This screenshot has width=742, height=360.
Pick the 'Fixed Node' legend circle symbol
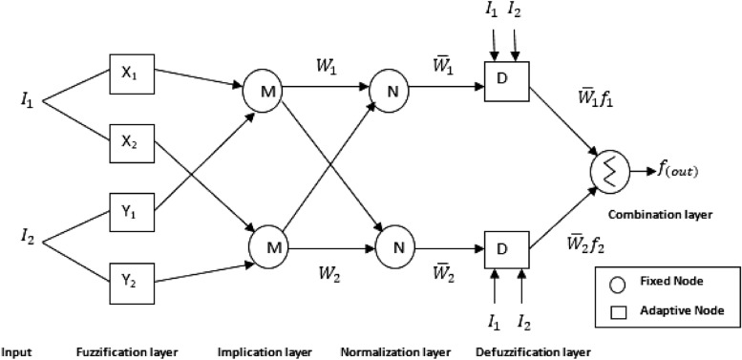click(x=617, y=284)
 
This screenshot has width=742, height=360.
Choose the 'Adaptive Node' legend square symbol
click(x=617, y=309)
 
